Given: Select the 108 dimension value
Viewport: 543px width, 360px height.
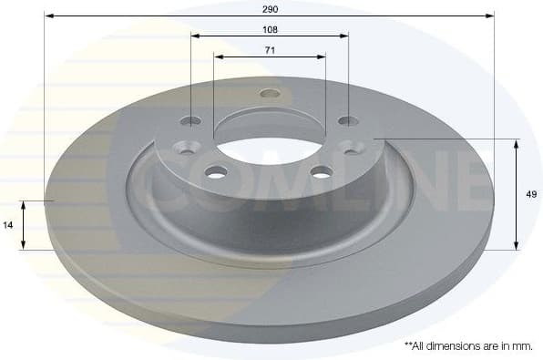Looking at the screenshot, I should pyautogui.click(x=270, y=29).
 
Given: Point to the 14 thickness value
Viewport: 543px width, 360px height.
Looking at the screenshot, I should pyautogui.click(x=8, y=223).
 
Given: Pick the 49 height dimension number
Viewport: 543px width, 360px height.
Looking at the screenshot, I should pyautogui.click(x=531, y=193).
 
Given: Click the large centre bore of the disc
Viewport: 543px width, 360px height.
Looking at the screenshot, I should pyautogui.click(x=270, y=138).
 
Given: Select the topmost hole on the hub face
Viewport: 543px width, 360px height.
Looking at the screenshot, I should pyautogui.click(x=269, y=93).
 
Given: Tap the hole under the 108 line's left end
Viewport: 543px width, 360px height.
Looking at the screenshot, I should pyautogui.click(x=191, y=120).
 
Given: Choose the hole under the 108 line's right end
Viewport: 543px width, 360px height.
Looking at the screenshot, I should pyautogui.click(x=347, y=120).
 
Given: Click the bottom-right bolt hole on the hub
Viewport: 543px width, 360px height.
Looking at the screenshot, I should pyautogui.click(x=321, y=170).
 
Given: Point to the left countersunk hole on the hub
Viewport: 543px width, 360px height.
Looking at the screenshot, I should pyautogui.click(x=188, y=146).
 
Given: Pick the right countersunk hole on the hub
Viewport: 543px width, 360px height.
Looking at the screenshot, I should pyautogui.click(x=351, y=145).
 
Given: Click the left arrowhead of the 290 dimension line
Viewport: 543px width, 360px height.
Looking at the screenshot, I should pyautogui.click(x=47, y=15).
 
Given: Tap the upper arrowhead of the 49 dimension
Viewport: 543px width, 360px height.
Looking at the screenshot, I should pyautogui.click(x=517, y=142).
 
